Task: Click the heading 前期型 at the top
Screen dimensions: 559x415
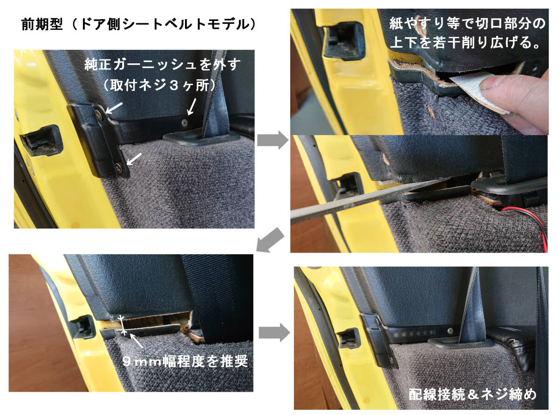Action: pyautogui.click(x=42, y=24)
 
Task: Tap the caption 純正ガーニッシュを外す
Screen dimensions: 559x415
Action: pyautogui.click(x=162, y=65)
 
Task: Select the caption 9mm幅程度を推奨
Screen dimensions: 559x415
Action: pyautogui.click(x=185, y=361)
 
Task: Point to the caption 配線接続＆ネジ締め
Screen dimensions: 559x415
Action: pyautogui.click(x=472, y=394)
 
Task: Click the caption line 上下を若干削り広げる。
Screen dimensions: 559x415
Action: pyautogui.click(x=465, y=42)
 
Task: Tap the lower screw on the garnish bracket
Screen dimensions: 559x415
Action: pyautogui.click(x=118, y=167)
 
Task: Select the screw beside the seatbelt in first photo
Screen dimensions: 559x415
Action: pyautogui.click(x=185, y=123)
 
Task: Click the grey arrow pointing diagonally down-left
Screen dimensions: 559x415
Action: pyautogui.click(x=270, y=240)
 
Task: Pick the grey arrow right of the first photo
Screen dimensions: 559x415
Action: pyautogui.click(x=273, y=140)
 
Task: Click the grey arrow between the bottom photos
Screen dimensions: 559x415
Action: pyautogui.click(x=274, y=332)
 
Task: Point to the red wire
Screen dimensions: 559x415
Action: pyautogui.click(x=527, y=222)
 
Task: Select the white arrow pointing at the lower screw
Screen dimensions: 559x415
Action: pyautogui.click(x=134, y=159)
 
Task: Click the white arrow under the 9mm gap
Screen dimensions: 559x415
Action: pyautogui.click(x=136, y=340)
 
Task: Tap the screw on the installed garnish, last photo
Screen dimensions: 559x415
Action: pyautogui.click(x=450, y=330)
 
